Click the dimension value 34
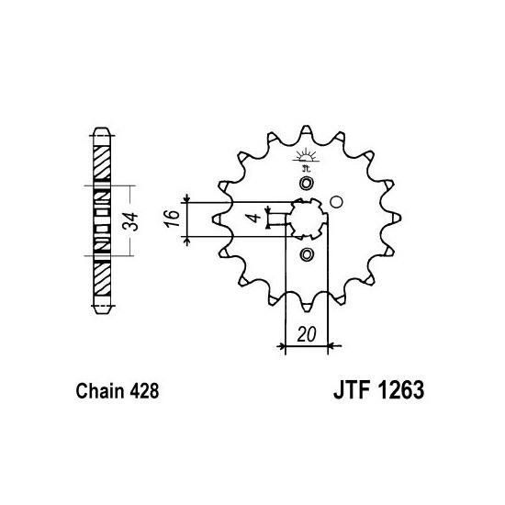[130, 222]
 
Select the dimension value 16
[173, 219]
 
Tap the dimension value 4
[254, 218]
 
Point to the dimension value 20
[307, 334]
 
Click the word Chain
[100, 391]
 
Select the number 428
[144, 391]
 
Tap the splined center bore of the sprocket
[307, 219]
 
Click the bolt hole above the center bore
[306, 184]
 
